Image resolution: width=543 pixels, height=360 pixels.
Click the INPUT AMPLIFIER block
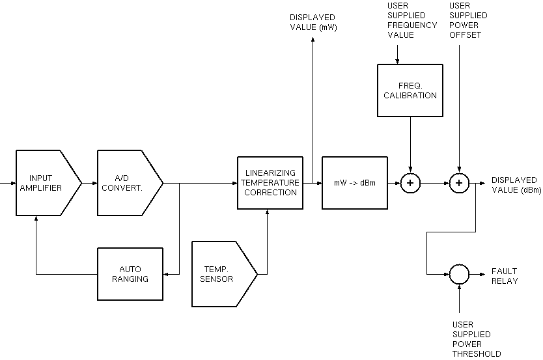46,183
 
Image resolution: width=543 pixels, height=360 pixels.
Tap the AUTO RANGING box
130,274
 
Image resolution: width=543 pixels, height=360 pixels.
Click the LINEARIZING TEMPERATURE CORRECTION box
270,183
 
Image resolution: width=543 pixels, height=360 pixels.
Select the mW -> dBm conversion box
354,183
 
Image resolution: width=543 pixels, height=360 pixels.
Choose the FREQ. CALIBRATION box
410,90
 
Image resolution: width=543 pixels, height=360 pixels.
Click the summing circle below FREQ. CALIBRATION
410,183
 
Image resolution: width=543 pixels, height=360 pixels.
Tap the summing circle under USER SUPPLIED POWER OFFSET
459,183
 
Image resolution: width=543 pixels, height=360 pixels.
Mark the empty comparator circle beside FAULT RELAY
459,274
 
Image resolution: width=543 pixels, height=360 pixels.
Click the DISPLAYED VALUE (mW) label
312,22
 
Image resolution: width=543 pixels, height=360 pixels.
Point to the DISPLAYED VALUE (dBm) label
514,185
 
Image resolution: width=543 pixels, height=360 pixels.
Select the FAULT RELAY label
505,276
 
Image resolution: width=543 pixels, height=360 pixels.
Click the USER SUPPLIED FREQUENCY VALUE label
412,21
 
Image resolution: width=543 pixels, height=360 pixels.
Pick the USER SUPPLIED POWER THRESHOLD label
477,339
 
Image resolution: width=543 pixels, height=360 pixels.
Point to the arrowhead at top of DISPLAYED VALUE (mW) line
312,40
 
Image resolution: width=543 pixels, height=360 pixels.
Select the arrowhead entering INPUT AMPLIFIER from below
36,219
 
